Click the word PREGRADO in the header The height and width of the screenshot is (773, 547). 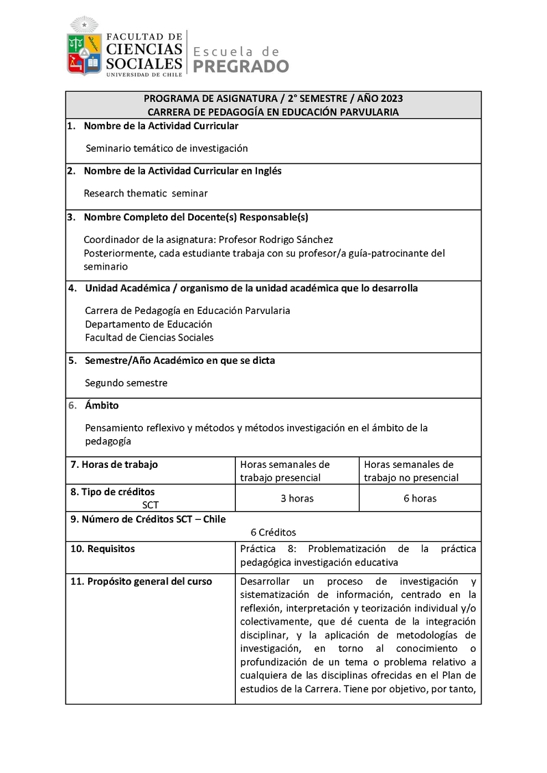point(241,66)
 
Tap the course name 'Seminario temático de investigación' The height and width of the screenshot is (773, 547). point(166,148)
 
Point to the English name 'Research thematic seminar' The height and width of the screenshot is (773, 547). point(146,193)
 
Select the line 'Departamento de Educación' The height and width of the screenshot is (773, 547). point(148,324)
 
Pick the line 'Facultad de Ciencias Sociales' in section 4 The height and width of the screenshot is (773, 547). point(149,337)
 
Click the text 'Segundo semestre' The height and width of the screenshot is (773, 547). point(126,383)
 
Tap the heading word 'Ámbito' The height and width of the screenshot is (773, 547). point(102,406)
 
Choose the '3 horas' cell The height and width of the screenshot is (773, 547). point(297,499)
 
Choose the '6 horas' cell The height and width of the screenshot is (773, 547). point(420,499)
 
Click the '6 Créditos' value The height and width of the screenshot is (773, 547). point(273,532)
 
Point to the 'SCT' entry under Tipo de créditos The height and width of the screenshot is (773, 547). point(150,505)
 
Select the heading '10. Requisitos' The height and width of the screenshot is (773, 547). point(103,549)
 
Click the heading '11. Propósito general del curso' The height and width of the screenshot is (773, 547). point(141,581)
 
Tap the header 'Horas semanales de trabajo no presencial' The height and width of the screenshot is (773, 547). point(411,471)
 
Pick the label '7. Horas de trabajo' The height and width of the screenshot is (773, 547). point(114,464)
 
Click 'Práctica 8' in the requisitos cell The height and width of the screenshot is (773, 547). point(267,549)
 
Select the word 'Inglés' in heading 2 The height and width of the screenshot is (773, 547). point(267,171)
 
